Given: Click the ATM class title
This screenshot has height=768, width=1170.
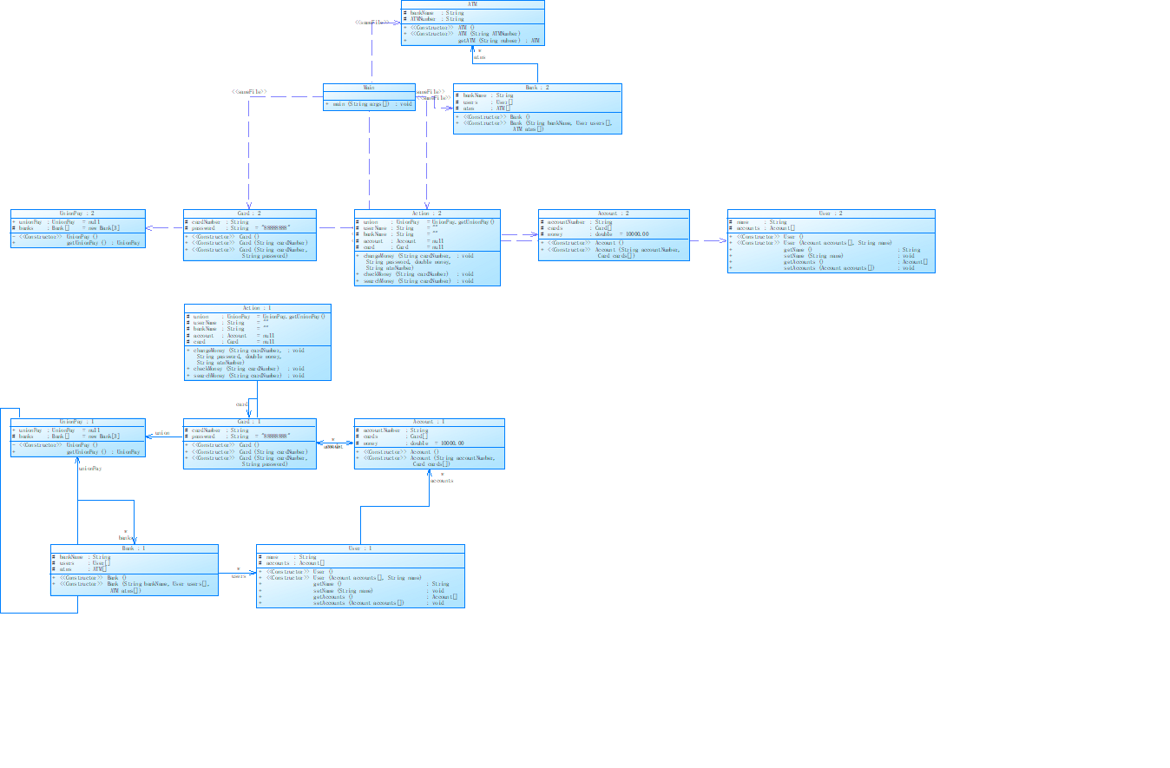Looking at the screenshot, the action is (472, 4).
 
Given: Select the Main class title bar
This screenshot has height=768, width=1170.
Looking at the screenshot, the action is (369, 88).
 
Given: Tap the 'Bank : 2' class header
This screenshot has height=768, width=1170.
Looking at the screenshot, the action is (536, 88).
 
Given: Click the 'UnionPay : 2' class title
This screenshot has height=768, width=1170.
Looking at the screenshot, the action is (77, 213).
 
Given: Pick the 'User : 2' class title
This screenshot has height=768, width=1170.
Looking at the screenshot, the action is (831, 213).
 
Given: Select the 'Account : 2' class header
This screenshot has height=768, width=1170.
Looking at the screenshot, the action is (614, 213).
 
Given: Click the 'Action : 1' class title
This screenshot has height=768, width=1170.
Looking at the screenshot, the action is (257, 308).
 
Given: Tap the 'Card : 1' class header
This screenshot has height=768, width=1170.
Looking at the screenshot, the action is (249, 423).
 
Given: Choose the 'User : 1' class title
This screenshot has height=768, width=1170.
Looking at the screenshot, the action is (359, 548).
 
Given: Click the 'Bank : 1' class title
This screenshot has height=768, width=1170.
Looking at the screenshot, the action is (134, 548).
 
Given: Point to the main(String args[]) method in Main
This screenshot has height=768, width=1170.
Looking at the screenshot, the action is (369, 104).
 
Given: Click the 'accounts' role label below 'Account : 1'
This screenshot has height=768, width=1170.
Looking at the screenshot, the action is (442, 480).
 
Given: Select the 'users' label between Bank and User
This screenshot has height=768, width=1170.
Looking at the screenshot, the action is (239, 576).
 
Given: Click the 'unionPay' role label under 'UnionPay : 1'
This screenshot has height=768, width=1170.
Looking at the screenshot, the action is (90, 468).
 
